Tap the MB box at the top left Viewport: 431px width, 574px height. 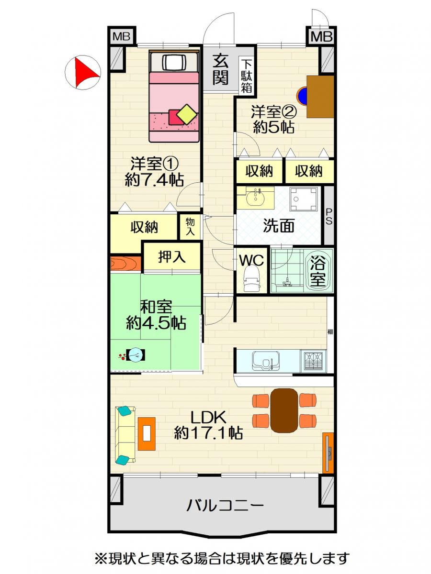122,36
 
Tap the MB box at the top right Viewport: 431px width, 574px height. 321,36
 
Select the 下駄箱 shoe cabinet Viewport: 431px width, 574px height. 247,77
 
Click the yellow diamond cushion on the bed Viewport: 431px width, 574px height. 187,114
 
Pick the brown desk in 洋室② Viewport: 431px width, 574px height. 320,97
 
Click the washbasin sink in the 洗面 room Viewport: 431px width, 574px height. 255,199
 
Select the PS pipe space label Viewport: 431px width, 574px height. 329,217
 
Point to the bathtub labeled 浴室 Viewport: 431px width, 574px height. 319,272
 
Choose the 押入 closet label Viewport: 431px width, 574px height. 172,257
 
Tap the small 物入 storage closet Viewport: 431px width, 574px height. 190,227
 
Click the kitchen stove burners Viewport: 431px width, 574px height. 314,360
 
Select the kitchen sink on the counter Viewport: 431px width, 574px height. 266,361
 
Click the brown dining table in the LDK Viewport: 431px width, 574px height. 284,410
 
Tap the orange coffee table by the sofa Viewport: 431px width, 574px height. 147,434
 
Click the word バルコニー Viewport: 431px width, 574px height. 225,506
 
